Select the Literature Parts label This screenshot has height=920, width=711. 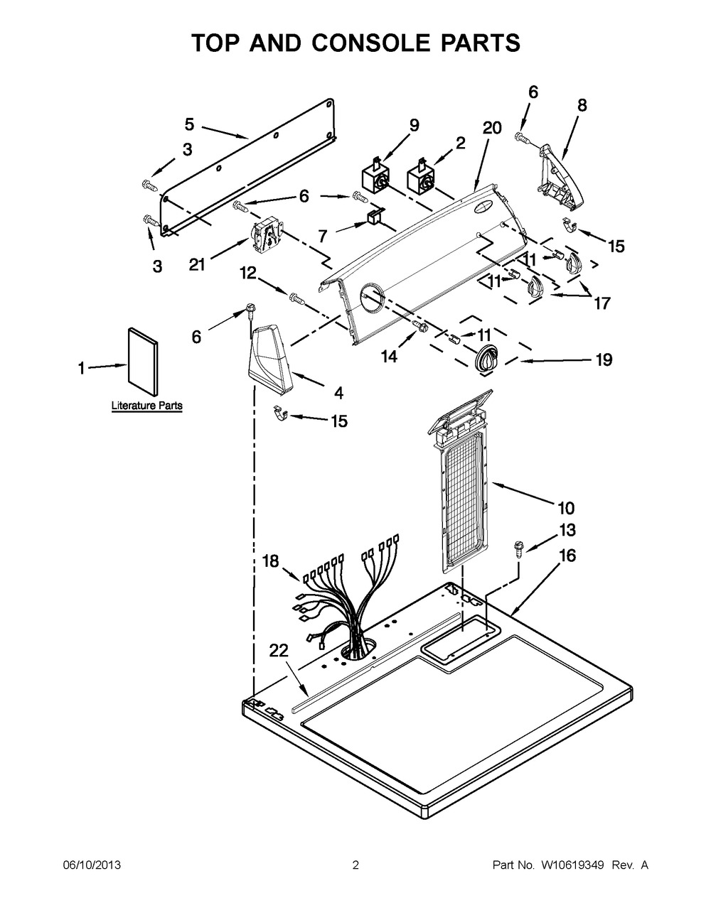[x=146, y=406]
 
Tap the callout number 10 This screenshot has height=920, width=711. [x=566, y=508]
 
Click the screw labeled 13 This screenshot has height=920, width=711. [x=518, y=548]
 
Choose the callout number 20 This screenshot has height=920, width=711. [x=492, y=128]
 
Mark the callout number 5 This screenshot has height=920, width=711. [x=189, y=124]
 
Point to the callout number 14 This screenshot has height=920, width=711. [x=389, y=357]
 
